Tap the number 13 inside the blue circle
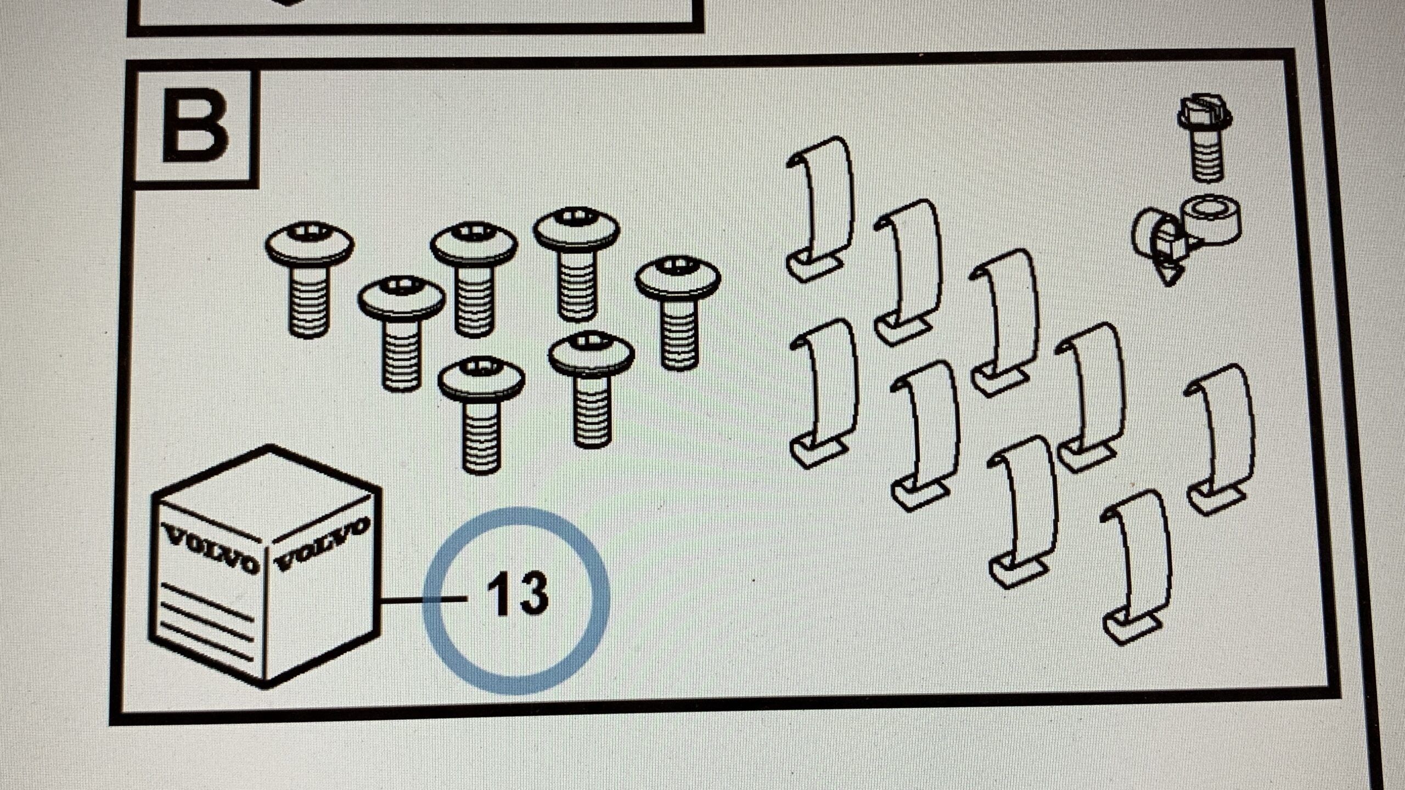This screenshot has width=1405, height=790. [x=518, y=594]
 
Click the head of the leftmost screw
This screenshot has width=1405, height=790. [x=310, y=244]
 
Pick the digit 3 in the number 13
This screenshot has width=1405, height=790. [x=531, y=594]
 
